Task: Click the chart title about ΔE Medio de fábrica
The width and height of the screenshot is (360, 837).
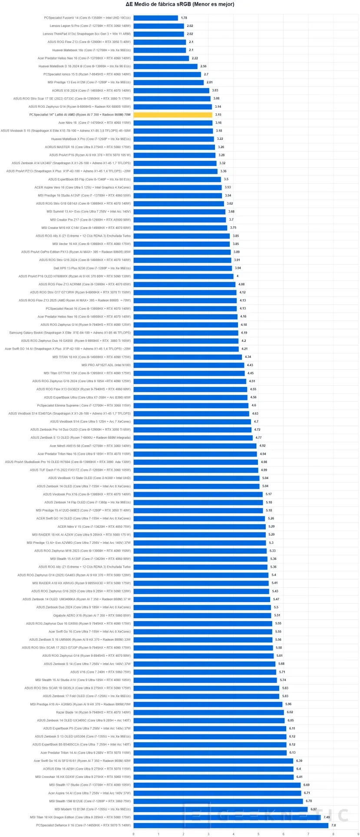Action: pyautogui.click(x=180, y=4)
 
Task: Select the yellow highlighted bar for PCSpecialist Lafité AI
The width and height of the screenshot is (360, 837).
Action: pyautogui.click(x=172, y=115)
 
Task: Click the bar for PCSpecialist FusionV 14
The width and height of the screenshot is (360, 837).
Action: pyautogui.click(x=155, y=18)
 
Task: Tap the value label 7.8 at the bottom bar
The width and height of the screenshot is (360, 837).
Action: pyautogui.click(x=334, y=825)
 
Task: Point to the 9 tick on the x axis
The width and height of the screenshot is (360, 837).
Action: pyautogui.click(x=358, y=834)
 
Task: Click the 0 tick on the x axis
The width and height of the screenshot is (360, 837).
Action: pyautogui.click(x=133, y=834)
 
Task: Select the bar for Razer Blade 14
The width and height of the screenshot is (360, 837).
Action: pyautogui.click(x=208, y=712)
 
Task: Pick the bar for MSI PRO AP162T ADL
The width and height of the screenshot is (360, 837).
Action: pyautogui.click(x=188, y=365)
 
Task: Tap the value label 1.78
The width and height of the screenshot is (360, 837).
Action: pyautogui.click(x=184, y=18)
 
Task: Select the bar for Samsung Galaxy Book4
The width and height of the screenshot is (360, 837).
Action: pyautogui.click(x=185, y=333)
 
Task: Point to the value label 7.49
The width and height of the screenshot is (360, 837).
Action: pyautogui.click(x=327, y=817)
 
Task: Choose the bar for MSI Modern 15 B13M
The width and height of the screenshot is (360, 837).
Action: pyautogui.click(x=220, y=809)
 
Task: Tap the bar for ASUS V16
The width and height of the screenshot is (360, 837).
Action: pyautogui.click(x=205, y=672)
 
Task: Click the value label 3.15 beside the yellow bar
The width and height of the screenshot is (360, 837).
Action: pyautogui.click(x=218, y=115)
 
